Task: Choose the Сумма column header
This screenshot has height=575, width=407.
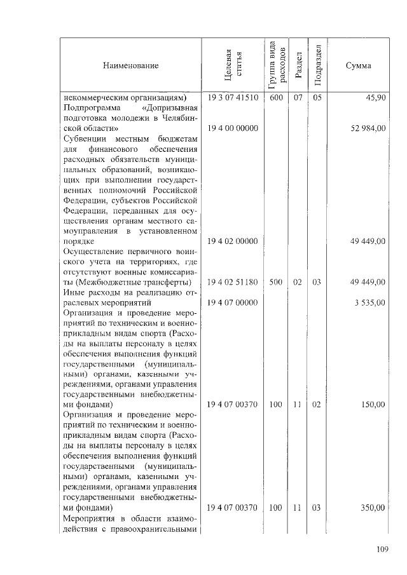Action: coord(358,65)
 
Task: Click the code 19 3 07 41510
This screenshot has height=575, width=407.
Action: coord(233,98)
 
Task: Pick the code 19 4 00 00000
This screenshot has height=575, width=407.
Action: coord(233,128)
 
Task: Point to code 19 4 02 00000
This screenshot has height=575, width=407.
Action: coord(233,241)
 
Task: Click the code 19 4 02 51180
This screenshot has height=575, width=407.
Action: coord(233,282)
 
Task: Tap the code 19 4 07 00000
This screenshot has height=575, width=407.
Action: coord(233,302)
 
